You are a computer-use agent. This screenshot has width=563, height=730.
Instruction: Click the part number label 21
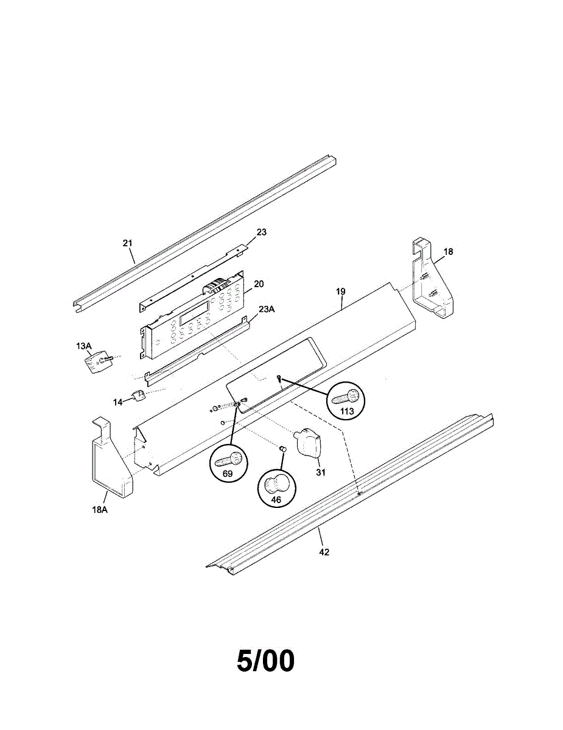(127, 243)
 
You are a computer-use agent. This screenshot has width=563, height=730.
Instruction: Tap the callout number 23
(262, 232)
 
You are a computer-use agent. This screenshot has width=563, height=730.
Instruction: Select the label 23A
(267, 309)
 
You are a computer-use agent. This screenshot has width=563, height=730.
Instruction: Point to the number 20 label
(259, 284)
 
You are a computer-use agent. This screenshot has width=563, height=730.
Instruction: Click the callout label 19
(340, 291)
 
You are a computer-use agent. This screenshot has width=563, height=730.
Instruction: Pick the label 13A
(84, 346)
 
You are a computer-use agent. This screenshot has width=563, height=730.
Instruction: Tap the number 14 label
(117, 402)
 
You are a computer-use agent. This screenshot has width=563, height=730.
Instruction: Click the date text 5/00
(265, 661)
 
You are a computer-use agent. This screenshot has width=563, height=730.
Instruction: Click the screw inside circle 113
(346, 397)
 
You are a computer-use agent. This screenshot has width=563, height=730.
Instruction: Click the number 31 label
(321, 472)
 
